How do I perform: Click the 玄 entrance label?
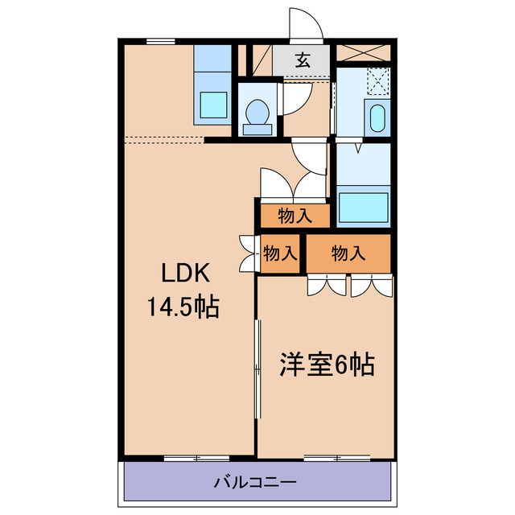pyautogui.click(x=303, y=59)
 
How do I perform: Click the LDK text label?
pyautogui.click(x=186, y=274)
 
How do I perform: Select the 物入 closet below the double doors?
pyautogui.click(x=295, y=216)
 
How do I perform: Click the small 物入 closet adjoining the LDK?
pyautogui.click(x=280, y=253)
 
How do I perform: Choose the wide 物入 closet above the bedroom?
pyautogui.click(x=349, y=253)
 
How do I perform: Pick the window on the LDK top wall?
pyautogui.click(x=161, y=39)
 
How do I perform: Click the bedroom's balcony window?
pyautogui.click(x=337, y=459)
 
